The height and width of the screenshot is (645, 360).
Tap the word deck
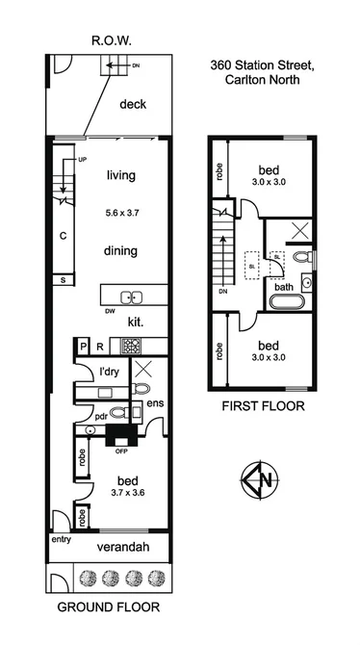click(132, 104)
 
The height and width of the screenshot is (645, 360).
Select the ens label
click(154, 402)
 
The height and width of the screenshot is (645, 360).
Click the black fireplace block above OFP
click(122, 436)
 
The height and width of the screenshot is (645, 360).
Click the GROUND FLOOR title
click(107, 608)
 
